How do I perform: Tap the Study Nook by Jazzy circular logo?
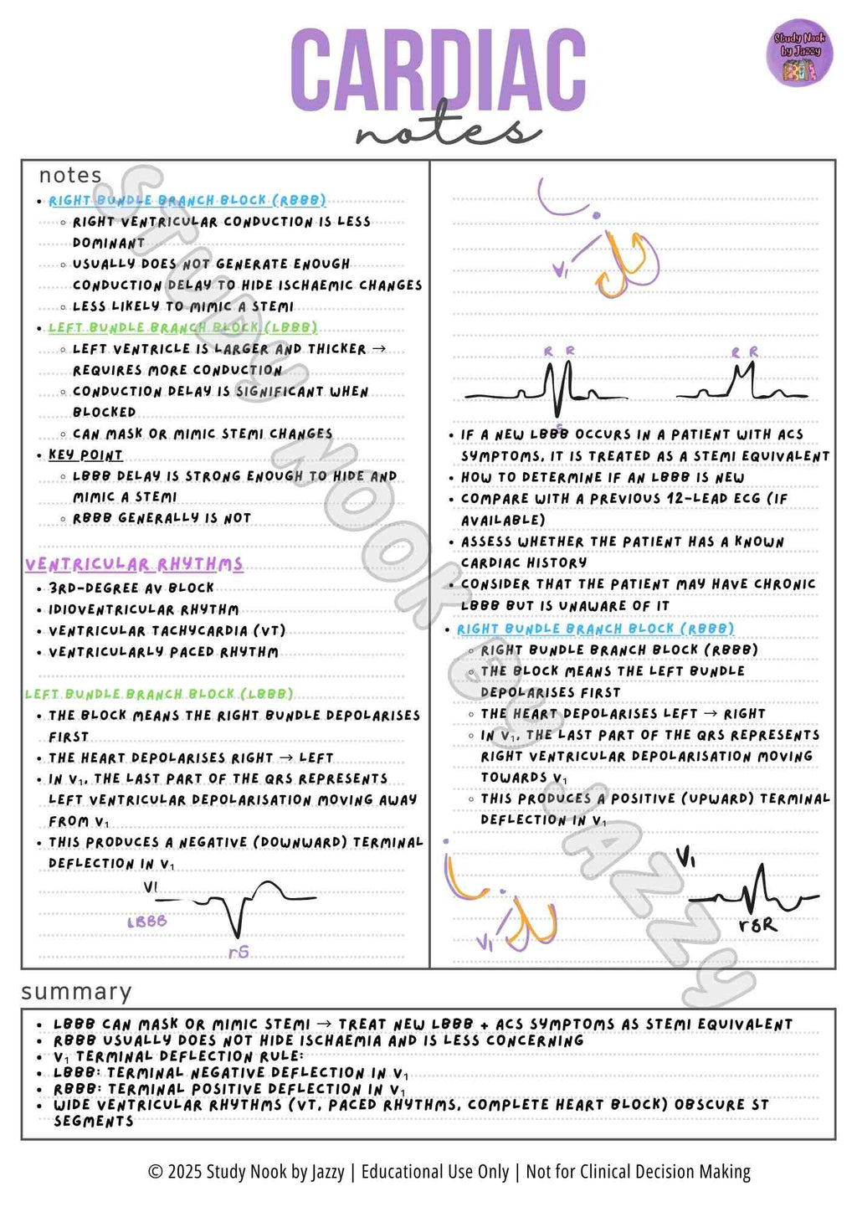[x=799, y=52]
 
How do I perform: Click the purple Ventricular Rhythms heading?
[x=134, y=564]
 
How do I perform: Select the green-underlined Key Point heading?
[x=85, y=455]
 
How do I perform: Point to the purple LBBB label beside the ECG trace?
[x=147, y=922]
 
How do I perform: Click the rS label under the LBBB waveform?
[x=239, y=952]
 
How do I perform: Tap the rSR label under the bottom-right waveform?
[x=757, y=925]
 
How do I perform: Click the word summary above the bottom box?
[x=76, y=992]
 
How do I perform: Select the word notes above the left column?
[x=70, y=175]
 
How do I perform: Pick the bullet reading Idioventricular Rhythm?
[x=143, y=609]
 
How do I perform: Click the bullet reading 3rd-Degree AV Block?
[x=131, y=588]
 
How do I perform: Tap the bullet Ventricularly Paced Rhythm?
[x=163, y=652]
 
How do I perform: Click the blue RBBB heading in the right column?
[x=595, y=629]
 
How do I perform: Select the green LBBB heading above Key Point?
[x=182, y=328]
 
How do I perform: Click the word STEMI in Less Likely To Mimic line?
[x=273, y=306]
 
